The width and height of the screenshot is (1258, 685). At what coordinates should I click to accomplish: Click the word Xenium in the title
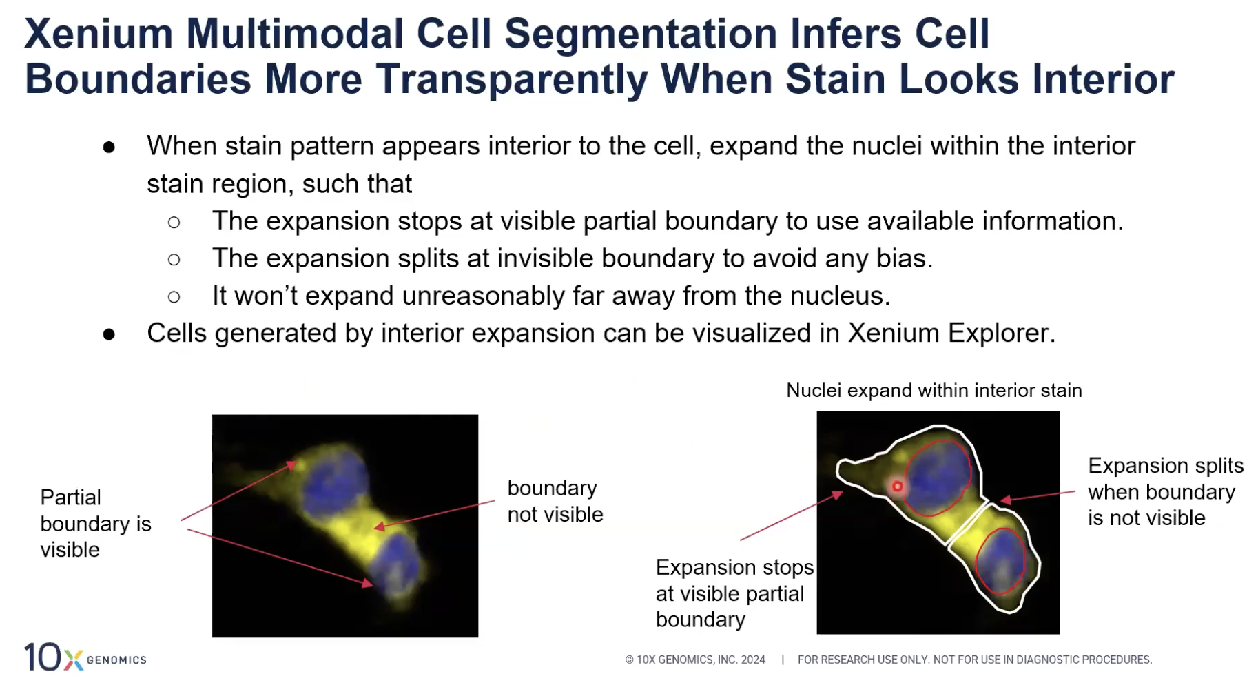tap(99, 33)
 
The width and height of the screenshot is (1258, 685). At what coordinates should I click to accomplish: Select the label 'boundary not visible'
tap(555, 501)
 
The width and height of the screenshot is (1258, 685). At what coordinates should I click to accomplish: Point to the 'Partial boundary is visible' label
tap(96, 524)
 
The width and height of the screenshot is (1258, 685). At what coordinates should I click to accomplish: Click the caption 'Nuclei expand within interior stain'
tap(934, 391)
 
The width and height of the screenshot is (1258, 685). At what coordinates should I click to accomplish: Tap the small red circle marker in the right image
tap(897, 487)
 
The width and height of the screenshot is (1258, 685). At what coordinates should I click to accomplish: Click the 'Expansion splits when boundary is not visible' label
tap(1166, 491)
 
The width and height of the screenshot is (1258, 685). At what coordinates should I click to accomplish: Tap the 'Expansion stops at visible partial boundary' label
tap(734, 593)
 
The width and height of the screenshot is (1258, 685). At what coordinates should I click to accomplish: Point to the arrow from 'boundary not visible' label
tap(434, 515)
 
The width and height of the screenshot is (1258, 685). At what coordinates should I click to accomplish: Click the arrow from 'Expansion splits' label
tap(1038, 496)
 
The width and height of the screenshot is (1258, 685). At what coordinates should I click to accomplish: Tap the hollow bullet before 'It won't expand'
tap(174, 297)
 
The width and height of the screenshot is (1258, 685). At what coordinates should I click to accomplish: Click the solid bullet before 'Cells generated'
tap(109, 334)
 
